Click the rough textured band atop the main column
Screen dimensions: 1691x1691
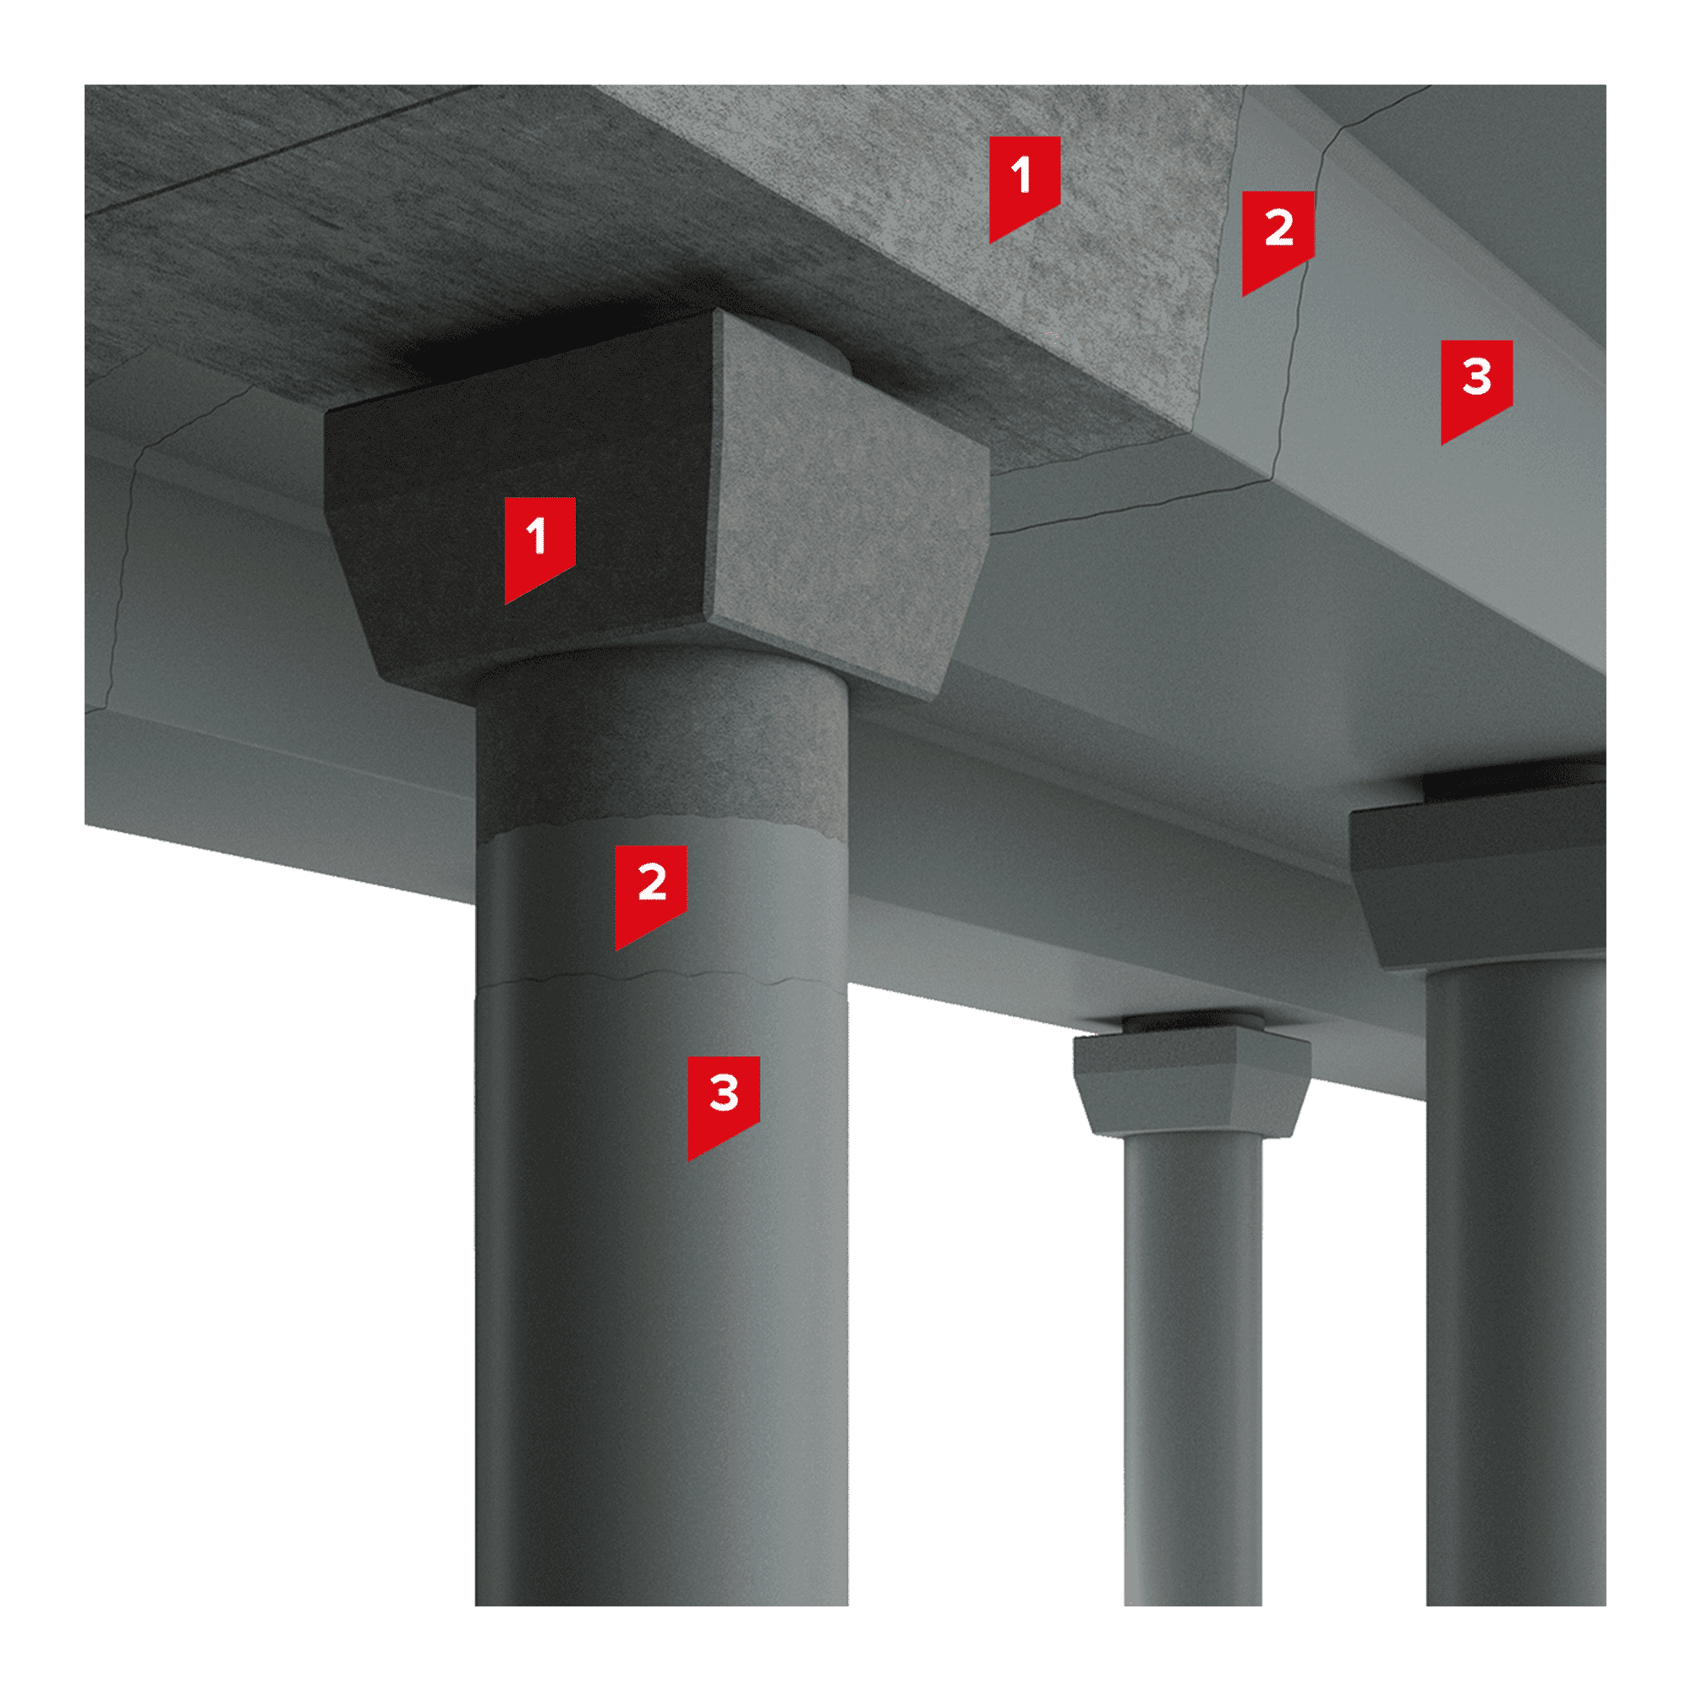click(661, 744)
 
